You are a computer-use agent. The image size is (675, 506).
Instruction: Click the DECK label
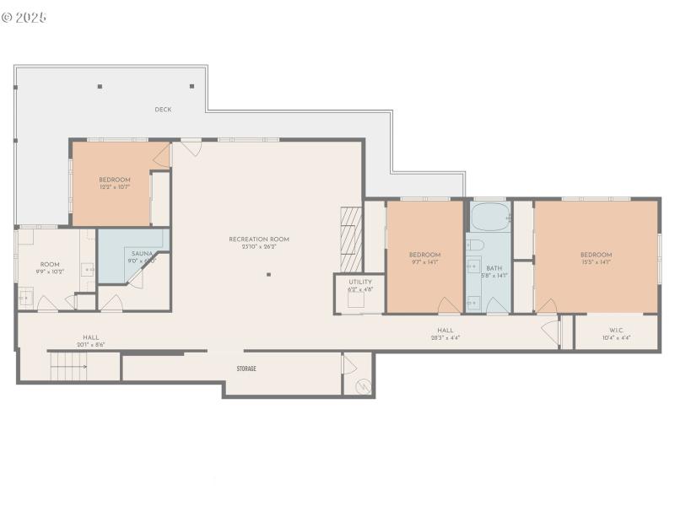coord(164,110)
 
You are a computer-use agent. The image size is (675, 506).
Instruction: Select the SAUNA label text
coord(141,253)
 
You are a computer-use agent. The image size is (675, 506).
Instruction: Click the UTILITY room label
coord(360,282)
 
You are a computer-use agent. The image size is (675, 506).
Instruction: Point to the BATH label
coord(494,267)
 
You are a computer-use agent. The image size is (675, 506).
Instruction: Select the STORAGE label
coord(246,369)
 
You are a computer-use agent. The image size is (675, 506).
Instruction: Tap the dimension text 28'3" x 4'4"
coord(445,338)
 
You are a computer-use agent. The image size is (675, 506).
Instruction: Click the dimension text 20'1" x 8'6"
coord(91,344)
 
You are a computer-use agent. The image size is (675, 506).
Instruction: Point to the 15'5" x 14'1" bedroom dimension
coord(596,262)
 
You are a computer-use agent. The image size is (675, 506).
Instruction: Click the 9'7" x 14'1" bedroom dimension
coord(425,262)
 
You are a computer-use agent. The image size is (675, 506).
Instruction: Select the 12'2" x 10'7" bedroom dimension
coord(115,186)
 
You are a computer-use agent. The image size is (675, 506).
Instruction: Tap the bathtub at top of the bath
coord(489,218)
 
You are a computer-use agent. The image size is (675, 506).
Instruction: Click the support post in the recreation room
coord(269,274)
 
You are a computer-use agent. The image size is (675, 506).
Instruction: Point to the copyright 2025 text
coord(24,17)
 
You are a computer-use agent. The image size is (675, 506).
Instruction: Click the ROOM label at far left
coord(50,264)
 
